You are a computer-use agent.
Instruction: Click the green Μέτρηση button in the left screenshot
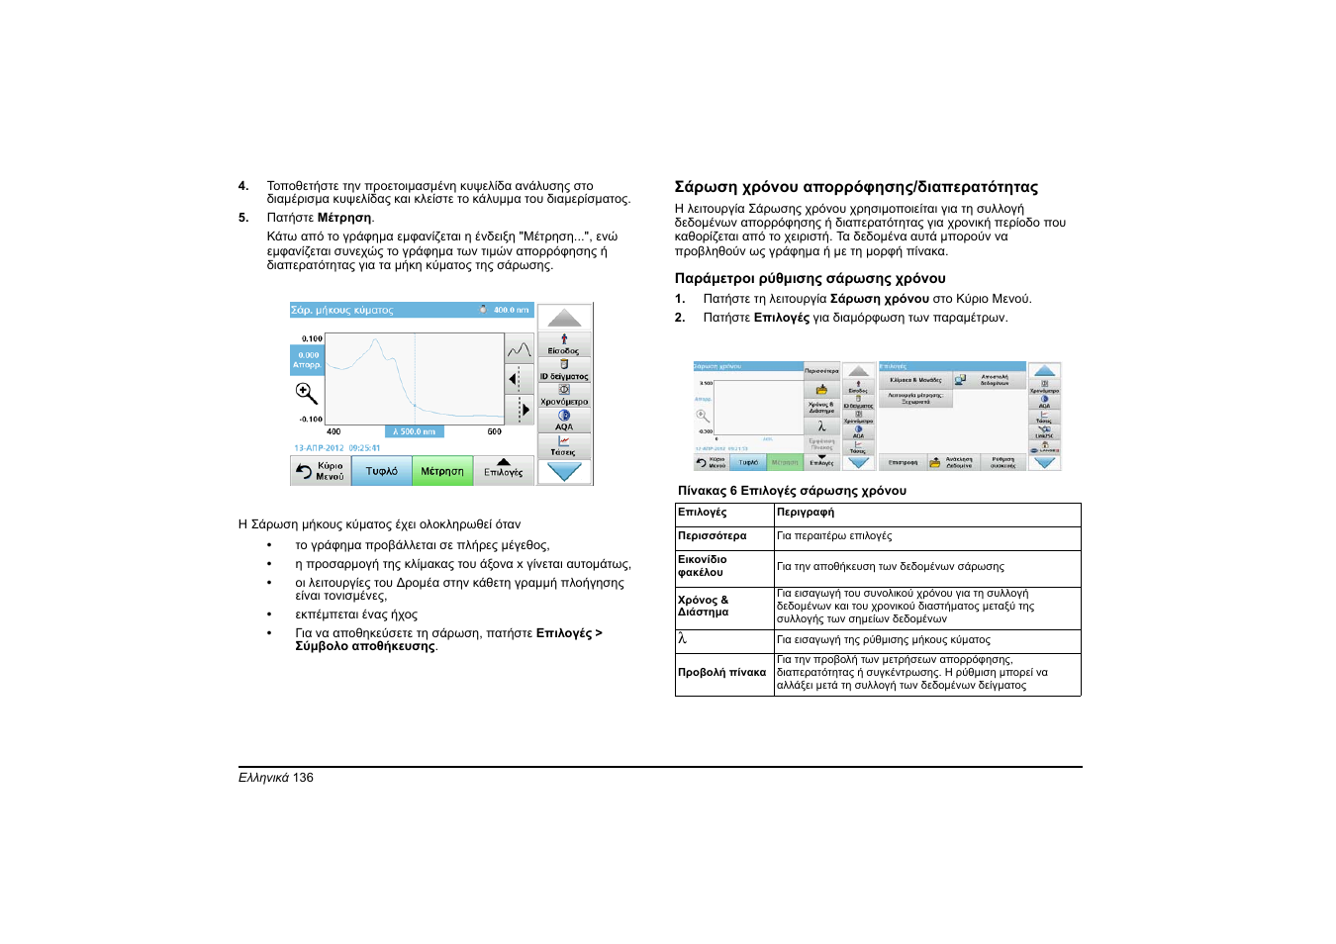tap(441, 471)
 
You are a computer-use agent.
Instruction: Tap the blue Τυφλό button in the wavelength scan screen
tap(381, 471)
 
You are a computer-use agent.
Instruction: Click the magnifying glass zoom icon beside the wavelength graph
tap(307, 393)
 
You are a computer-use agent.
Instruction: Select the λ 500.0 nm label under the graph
tap(414, 431)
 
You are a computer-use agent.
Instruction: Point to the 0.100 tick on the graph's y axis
tap(312, 338)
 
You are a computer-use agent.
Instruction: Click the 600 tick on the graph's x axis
tap(494, 431)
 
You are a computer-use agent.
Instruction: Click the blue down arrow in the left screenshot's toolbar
tap(564, 472)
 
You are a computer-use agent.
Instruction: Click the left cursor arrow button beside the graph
tap(514, 379)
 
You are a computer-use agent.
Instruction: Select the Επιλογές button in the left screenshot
tap(503, 470)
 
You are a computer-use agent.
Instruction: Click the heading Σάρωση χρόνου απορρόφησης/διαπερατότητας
tap(856, 187)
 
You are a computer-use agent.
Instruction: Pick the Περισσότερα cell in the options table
tap(713, 536)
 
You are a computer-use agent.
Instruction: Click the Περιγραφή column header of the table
tap(806, 513)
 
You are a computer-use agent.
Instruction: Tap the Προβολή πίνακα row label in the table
tap(721, 673)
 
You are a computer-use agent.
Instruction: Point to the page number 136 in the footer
tap(303, 778)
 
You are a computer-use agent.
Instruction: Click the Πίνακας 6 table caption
tap(792, 491)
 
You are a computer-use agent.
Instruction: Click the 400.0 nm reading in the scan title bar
tap(511, 310)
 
